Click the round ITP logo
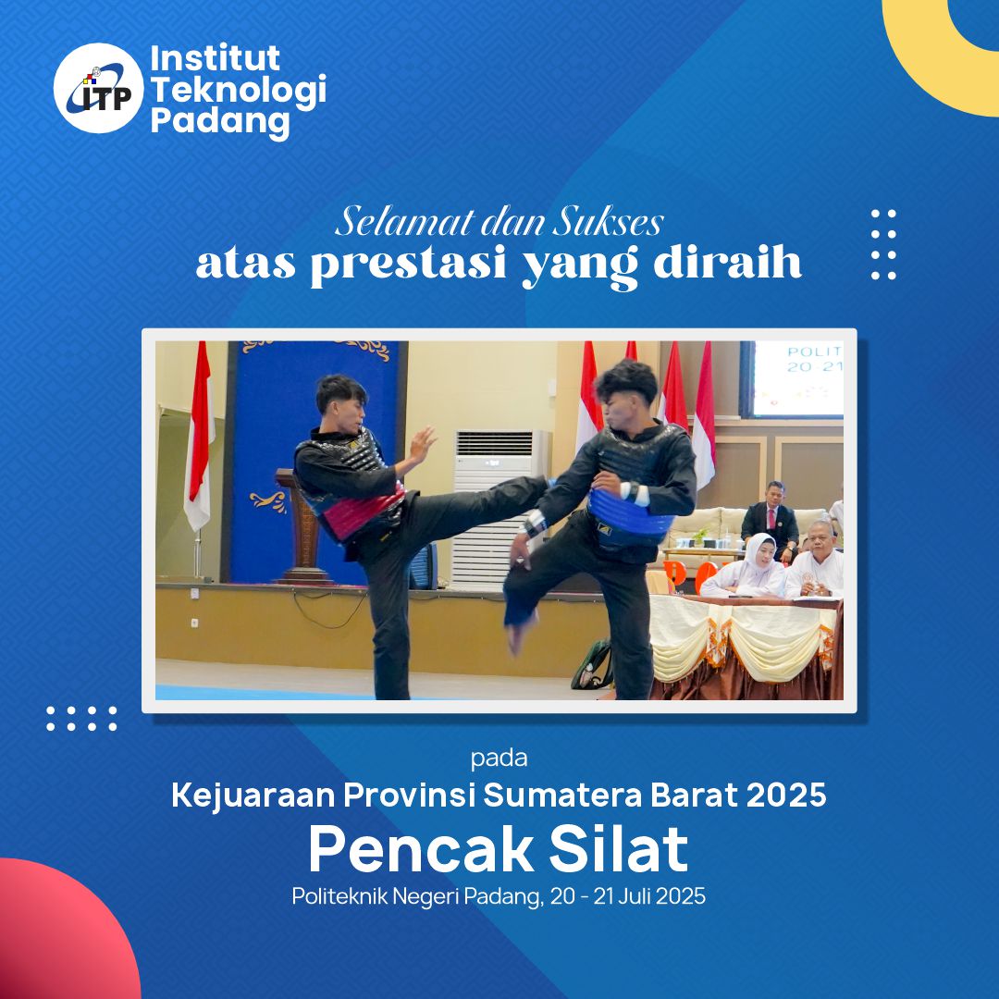click(99, 88)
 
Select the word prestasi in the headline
click(409, 264)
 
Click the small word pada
click(499, 758)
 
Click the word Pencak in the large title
click(421, 849)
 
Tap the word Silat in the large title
click(619, 848)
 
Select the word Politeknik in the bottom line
click(339, 895)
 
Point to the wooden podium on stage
click(303, 526)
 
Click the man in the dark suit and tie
click(771, 518)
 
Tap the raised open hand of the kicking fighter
click(421, 445)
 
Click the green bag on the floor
click(592, 666)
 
